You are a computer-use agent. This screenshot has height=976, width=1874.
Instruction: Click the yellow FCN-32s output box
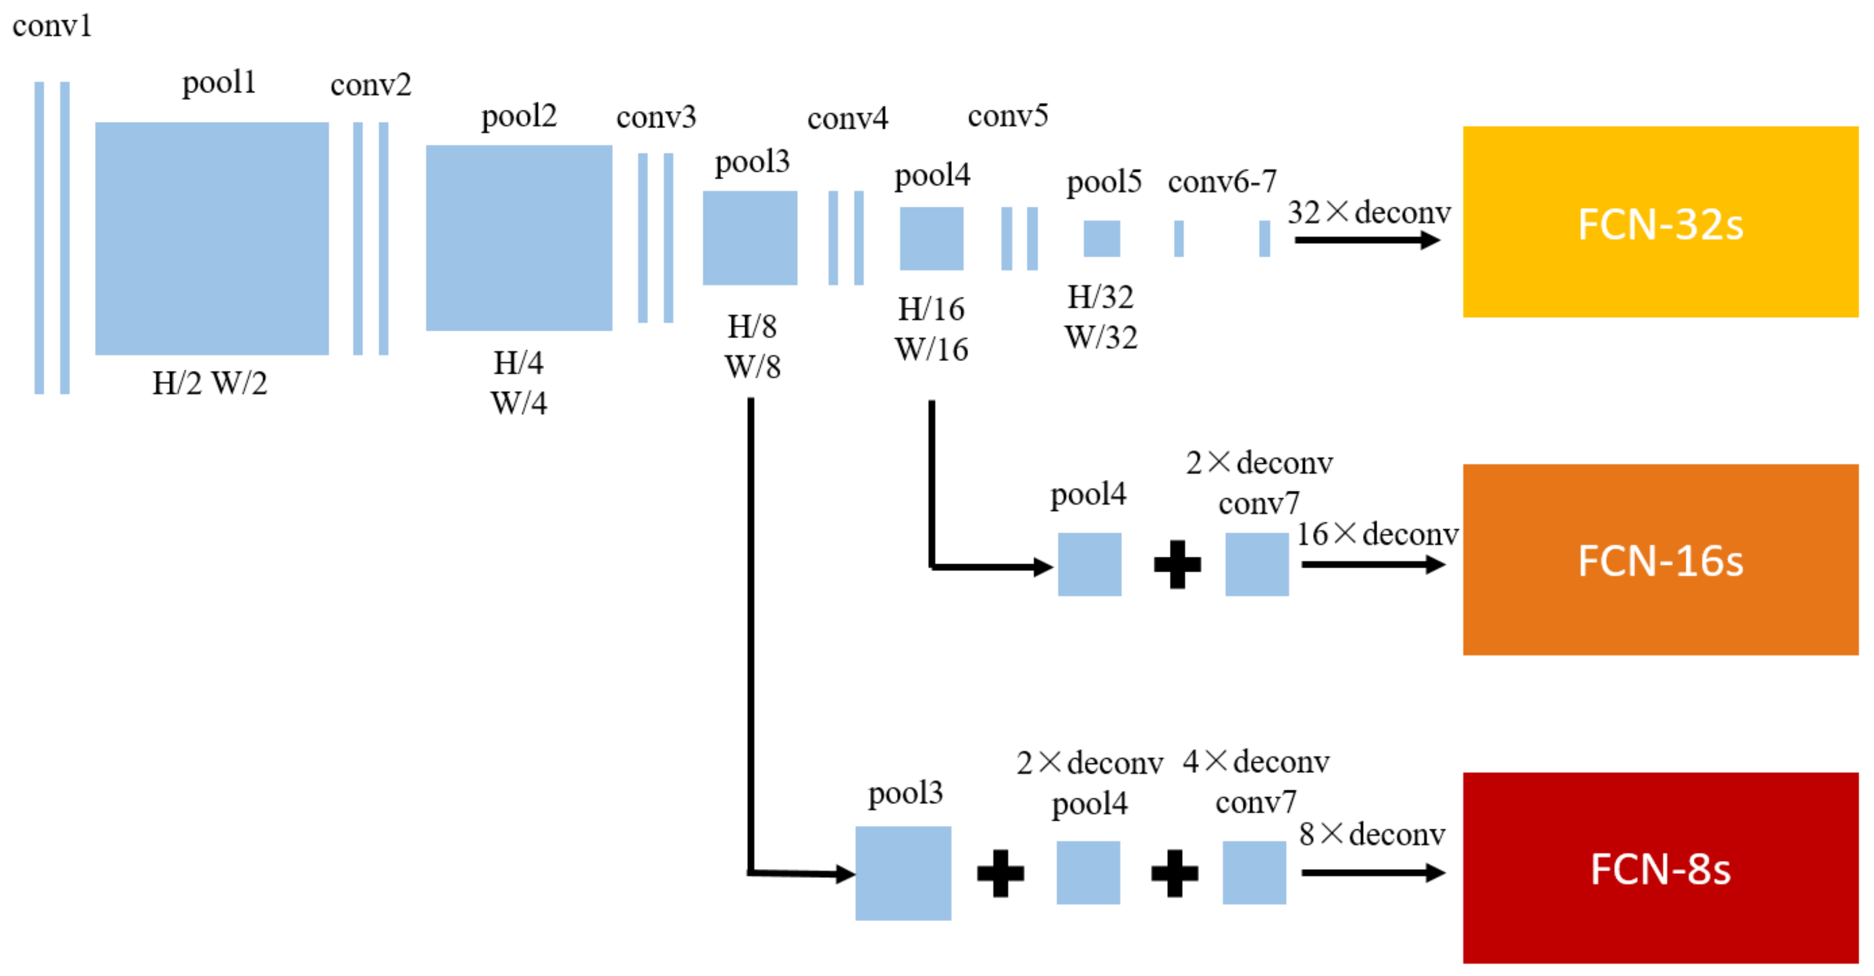point(1660,222)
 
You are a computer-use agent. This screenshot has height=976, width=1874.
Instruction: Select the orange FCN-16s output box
point(1660,560)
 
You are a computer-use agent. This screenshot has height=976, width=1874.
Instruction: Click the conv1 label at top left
point(53,26)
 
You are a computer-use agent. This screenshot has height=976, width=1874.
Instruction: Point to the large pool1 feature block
point(212,238)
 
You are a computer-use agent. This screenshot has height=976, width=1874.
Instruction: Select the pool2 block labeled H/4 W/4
point(519,238)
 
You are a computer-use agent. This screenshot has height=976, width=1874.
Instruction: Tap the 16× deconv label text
point(1377,534)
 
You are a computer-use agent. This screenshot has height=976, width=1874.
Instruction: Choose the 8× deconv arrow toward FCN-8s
point(1372,872)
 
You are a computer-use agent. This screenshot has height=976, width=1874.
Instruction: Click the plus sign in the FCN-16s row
point(1177,564)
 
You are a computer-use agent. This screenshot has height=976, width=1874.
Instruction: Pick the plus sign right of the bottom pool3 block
point(1000,873)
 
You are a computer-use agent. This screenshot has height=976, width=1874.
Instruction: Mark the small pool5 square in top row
point(1101,238)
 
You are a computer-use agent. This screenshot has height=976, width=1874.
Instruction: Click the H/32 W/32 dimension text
point(1101,317)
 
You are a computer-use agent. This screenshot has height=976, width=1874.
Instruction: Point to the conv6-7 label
point(1222,181)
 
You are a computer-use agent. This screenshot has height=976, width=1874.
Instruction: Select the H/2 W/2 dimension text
point(210,383)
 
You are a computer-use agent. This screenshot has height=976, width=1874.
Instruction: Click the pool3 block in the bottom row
point(903,873)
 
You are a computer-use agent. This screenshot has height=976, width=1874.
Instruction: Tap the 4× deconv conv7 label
point(1256,782)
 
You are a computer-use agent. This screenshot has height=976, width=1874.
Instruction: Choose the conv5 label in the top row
point(1007,116)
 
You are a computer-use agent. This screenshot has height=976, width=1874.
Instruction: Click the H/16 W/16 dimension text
point(931,329)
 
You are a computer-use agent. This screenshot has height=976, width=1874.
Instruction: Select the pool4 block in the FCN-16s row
point(1089,564)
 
